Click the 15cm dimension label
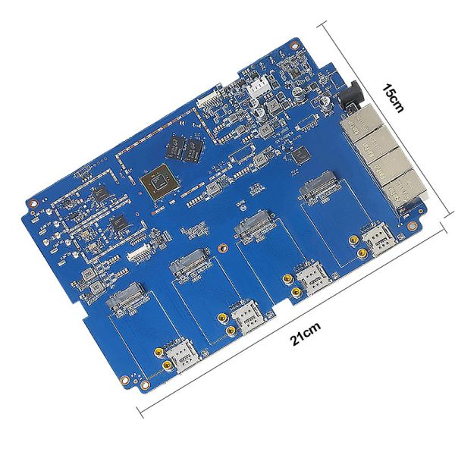point(392,98)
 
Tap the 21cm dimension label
point(306,334)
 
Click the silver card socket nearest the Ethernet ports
point(318,184)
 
